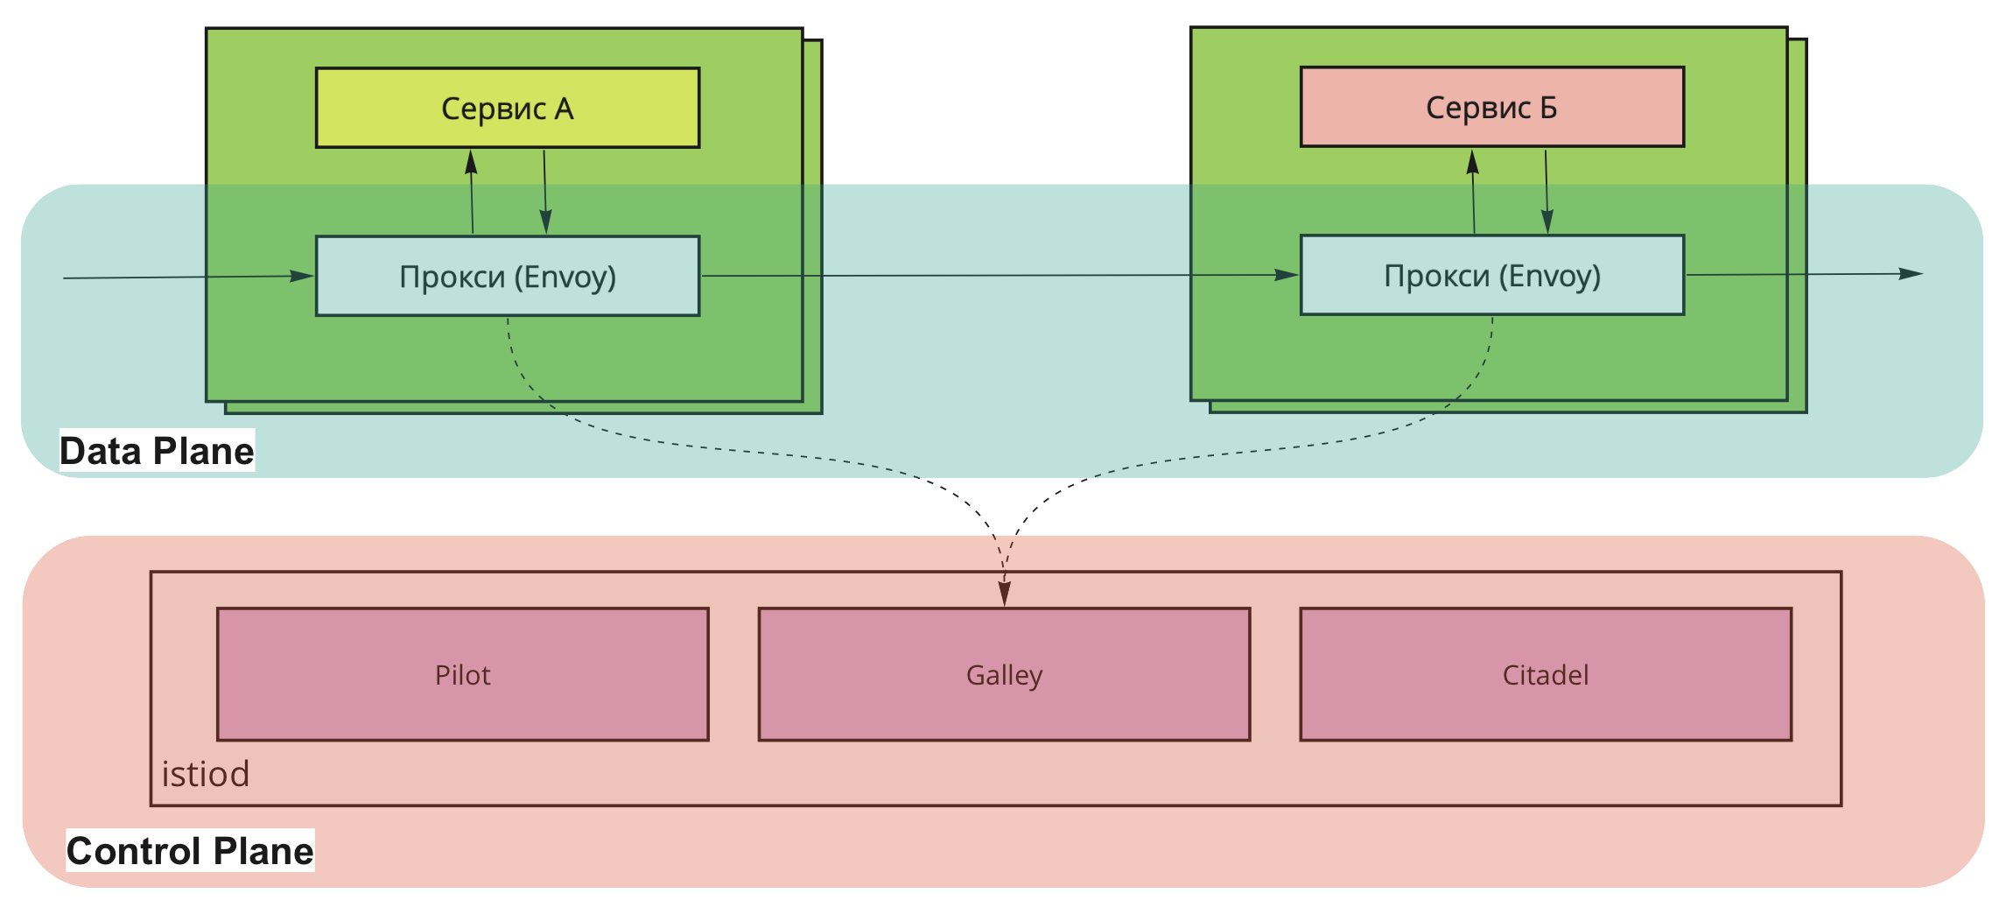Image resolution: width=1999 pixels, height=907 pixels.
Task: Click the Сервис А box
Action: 508,108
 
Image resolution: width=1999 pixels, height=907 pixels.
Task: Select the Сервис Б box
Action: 1492,107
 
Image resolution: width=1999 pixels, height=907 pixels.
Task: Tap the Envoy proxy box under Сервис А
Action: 508,276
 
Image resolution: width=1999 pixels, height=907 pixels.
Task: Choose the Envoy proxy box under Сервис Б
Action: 1492,275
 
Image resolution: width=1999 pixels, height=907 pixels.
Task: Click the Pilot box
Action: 463,674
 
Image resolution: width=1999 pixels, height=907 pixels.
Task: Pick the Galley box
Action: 1004,674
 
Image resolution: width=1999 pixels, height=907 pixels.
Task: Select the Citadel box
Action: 1546,674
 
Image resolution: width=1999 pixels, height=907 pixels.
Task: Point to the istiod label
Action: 206,774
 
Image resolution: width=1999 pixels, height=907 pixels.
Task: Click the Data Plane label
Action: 157,451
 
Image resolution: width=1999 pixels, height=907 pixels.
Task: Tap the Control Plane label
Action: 190,851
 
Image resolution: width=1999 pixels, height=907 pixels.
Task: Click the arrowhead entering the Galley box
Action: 1005,594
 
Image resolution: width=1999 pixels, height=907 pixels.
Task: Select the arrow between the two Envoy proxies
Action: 998,276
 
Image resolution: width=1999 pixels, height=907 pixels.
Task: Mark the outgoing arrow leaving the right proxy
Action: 1803,274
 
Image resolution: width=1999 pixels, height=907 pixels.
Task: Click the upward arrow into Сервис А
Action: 472,193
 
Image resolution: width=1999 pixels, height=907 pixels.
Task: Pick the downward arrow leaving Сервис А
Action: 545,193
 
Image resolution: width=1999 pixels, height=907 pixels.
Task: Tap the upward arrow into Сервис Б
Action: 1474,192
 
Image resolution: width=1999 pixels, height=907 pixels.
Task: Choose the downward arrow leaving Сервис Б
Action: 1547,192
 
